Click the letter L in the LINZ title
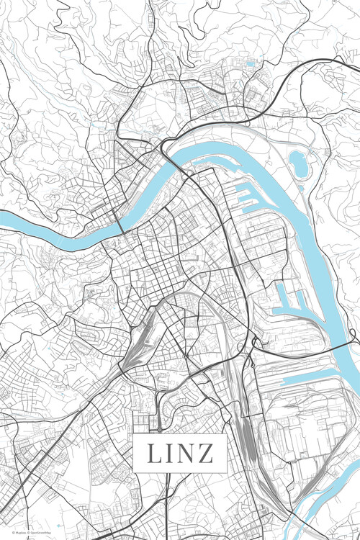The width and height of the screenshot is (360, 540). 155,454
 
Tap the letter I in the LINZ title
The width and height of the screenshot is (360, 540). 171,454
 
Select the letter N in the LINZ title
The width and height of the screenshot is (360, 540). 187,454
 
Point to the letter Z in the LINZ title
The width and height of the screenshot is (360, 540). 206,454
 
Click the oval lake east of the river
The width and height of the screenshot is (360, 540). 299,164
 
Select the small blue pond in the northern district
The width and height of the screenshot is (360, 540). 250,64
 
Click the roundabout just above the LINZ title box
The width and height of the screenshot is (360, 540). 159,430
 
